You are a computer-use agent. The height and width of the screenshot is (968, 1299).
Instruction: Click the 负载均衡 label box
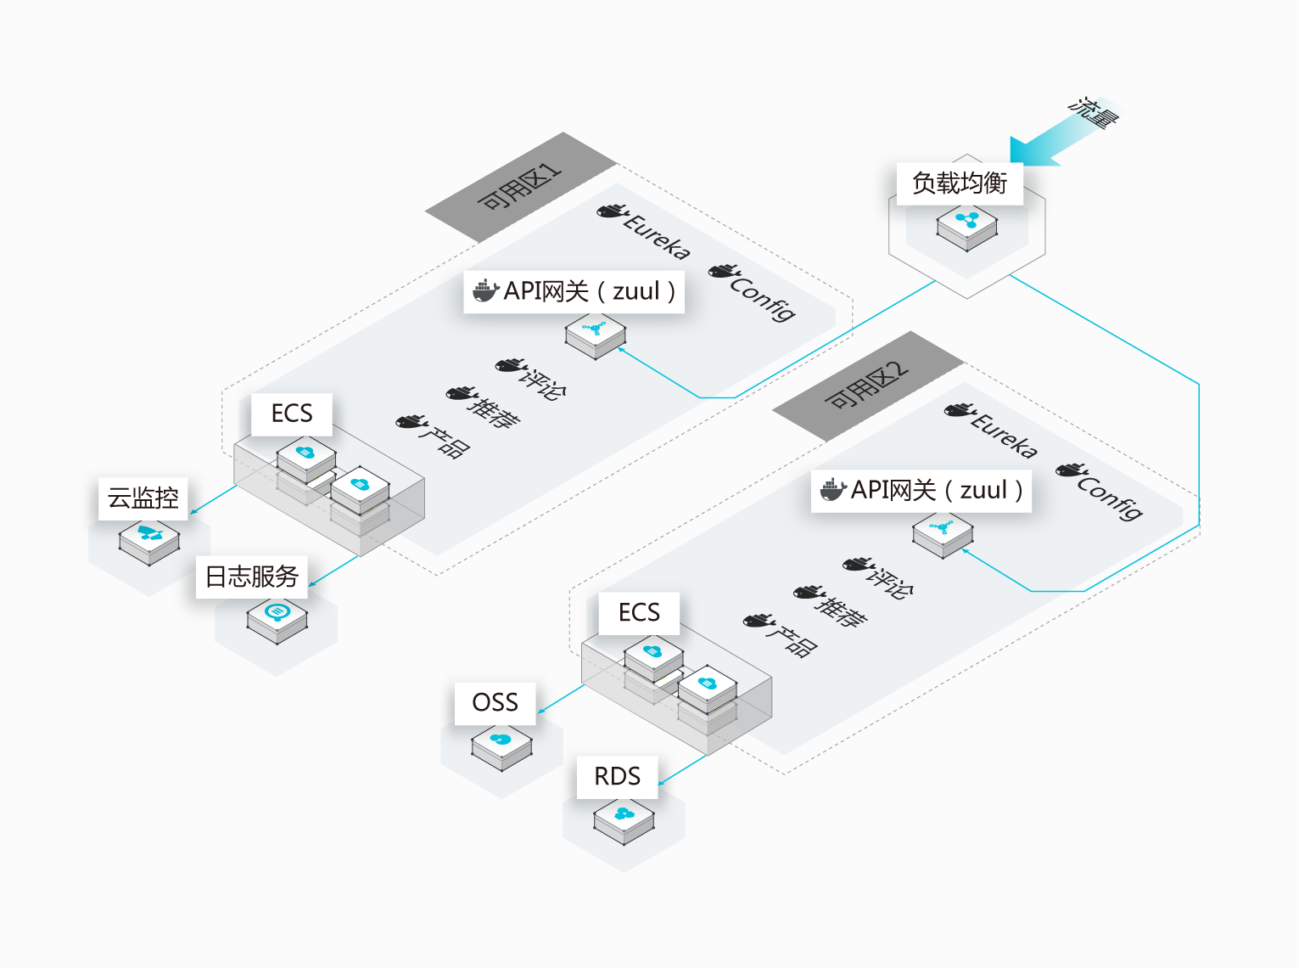[960, 183]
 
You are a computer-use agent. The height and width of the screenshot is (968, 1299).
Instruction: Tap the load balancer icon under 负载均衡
[966, 226]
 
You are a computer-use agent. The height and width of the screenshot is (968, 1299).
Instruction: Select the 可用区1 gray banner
[519, 188]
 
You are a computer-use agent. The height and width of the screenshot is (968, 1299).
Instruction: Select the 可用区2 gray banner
[866, 386]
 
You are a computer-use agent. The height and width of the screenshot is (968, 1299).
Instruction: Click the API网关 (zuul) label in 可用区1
[574, 291]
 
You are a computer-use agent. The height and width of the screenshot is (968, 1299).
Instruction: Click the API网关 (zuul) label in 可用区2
[921, 490]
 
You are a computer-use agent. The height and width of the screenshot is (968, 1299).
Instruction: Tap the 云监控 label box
[143, 498]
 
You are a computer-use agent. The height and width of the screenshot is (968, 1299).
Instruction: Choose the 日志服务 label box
[252, 577]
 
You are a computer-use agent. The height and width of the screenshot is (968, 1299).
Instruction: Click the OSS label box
[495, 703]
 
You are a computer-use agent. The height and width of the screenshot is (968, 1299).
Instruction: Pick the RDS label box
[617, 777]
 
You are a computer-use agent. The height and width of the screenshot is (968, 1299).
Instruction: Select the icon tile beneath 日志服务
[277, 618]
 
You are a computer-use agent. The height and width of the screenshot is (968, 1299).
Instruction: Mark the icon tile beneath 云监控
[149, 540]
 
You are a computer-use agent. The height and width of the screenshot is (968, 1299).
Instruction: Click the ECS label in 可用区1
[292, 414]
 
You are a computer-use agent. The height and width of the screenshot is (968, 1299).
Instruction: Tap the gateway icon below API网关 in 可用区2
[943, 533]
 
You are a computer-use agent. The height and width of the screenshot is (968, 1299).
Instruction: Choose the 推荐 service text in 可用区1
[493, 410]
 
